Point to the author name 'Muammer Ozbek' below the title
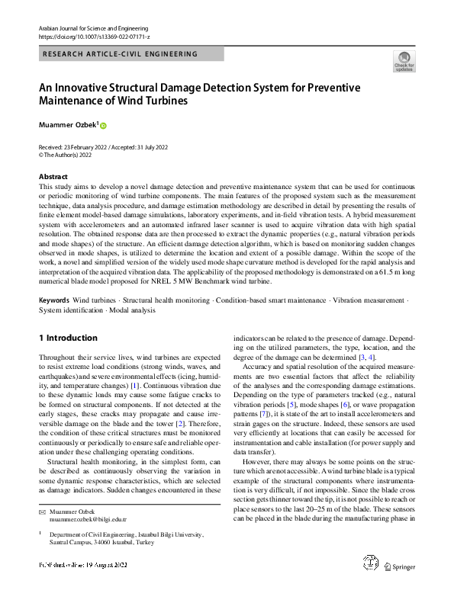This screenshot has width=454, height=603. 67,124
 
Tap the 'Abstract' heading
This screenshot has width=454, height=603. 53,176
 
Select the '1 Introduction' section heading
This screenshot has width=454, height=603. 68,338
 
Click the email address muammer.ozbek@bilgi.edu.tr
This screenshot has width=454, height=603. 88,518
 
